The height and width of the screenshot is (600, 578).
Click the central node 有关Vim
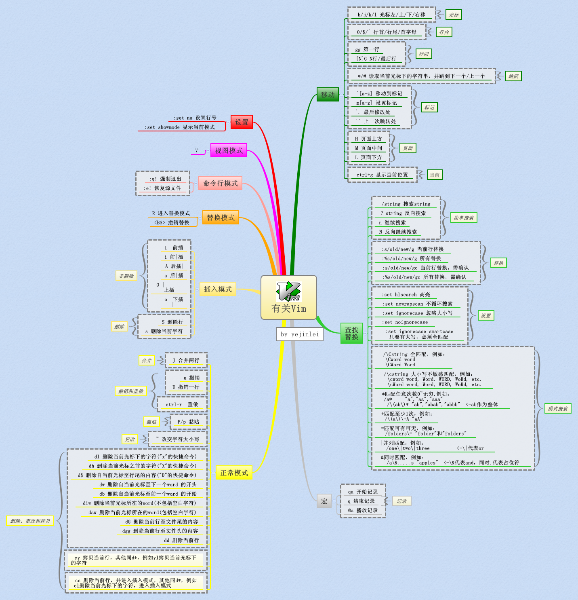pos(289,308)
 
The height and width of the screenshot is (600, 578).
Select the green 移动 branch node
pos(328,95)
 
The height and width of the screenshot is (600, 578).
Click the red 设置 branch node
pos(242,122)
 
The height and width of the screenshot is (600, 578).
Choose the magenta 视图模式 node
pos(229,150)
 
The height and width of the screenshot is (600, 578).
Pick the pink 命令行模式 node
pos(220,183)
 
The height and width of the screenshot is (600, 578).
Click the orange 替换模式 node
pos(221,218)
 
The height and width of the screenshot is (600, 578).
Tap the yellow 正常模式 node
pos(234,473)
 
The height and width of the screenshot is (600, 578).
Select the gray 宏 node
pos(324,501)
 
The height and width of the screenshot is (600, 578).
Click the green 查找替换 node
pos(351,334)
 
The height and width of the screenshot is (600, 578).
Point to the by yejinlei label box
pos(300,334)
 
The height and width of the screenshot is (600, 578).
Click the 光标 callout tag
pos(454,15)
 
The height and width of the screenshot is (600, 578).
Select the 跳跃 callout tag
pos(513,76)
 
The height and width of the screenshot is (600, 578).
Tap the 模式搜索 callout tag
pos(558,408)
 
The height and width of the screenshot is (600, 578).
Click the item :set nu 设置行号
pos(195,118)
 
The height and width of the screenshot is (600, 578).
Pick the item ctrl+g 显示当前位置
pos(382,175)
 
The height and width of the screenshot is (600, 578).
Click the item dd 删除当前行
pos(181,540)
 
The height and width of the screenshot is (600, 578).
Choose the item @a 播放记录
pos(363,510)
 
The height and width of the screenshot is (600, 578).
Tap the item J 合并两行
pos(186,360)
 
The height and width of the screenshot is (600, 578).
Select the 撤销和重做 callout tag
pos(130,391)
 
